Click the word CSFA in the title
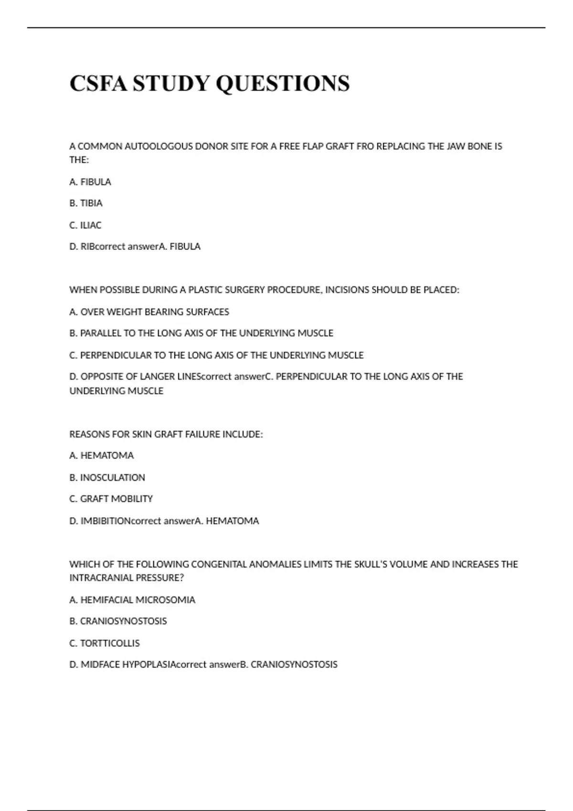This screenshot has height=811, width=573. click(98, 83)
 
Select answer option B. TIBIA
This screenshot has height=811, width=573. click(86, 203)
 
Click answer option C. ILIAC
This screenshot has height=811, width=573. click(85, 225)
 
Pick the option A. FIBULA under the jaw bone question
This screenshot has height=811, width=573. click(90, 182)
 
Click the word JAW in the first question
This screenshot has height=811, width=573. click(456, 146)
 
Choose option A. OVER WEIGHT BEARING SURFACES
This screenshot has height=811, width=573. click(149, 312)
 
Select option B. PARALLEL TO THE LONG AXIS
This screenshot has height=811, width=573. click(201, 333)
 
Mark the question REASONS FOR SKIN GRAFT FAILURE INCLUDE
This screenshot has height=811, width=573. click(166, 435)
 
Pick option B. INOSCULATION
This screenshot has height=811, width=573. click(107, 478)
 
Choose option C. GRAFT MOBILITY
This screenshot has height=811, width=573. click(111, 499)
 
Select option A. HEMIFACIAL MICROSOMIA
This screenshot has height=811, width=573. click(132, 600)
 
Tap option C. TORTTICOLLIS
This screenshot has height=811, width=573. click(105, 643)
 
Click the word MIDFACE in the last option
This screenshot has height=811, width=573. click(100, 665)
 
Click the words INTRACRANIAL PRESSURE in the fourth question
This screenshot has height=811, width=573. click(127, 578)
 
